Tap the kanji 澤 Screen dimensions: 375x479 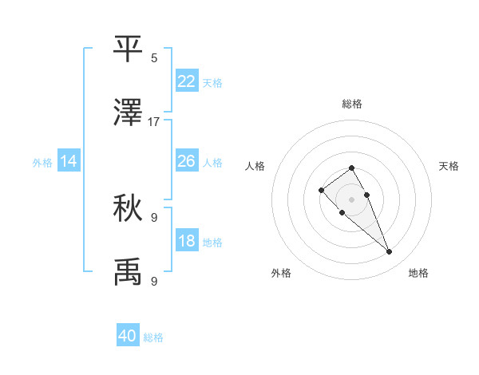point(129,112)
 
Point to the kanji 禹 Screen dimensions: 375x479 point(129,271)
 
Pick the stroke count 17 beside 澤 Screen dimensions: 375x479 point(154,121)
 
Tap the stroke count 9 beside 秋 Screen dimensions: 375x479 point(154,217)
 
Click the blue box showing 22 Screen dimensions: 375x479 point(187,81)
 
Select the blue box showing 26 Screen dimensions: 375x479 point(187,161)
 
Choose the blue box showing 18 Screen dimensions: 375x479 point(187,241)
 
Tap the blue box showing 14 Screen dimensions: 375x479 point(69,161)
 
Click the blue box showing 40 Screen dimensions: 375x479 point(128,336)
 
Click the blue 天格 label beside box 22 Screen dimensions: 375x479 point(212,82)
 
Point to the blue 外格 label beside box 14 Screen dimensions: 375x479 point(42,163)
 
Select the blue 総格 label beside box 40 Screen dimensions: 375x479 point(153,337)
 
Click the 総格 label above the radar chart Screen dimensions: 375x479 point(352,104)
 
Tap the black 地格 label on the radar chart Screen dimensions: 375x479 point(418,273)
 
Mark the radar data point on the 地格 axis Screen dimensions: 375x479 point(390,252)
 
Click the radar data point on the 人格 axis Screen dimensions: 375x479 point(321,190)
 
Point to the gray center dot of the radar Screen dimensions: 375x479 point(352,199)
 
